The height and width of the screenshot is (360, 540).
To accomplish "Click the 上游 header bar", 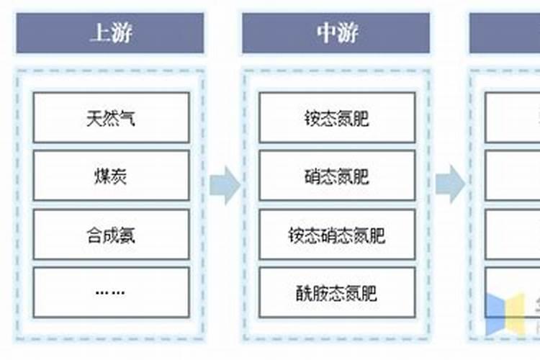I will click(110, 33).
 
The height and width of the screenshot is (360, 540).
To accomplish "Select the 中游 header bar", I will click(336, 33).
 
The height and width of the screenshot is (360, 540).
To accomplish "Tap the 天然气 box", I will click(111, 117).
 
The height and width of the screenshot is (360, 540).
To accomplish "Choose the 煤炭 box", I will click(111, 176).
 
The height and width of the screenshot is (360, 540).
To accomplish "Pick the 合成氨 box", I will click(111, 235).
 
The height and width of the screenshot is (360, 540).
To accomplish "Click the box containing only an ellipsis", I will click(111, 292).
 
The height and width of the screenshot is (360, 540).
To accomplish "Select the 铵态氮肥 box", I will click(337, 117).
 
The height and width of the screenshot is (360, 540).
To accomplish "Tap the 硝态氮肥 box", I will click(337, 176).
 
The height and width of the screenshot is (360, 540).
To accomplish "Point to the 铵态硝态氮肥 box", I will click(337, 235).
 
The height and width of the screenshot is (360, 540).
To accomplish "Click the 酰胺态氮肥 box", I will click(337, 292).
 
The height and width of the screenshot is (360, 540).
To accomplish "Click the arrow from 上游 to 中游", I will click(225, 185).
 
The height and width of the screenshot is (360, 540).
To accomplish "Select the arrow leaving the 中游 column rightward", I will click(450, 185).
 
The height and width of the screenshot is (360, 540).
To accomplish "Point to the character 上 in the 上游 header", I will click(99, 33).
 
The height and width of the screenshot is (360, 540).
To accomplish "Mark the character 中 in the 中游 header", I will click(325, 33).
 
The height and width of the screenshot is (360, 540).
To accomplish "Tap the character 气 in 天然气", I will click(128, 117).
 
